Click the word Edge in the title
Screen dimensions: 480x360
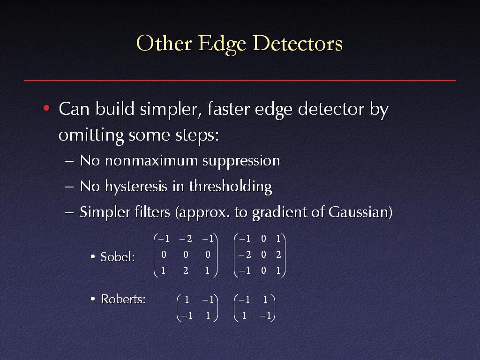222,44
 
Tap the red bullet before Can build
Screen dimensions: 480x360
46,108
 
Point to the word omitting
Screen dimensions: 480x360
91,135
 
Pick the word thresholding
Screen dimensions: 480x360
231,187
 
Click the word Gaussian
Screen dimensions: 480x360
359,212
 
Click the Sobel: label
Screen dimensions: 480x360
118,257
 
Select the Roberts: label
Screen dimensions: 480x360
123,299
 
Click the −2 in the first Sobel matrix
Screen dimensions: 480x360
186,239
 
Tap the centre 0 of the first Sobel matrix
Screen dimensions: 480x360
186,255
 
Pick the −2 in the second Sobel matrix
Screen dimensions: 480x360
245,255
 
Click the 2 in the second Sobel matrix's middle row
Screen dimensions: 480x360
278,255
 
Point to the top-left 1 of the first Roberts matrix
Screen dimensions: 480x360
187,300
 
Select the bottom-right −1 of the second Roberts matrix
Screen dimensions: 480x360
265,315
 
